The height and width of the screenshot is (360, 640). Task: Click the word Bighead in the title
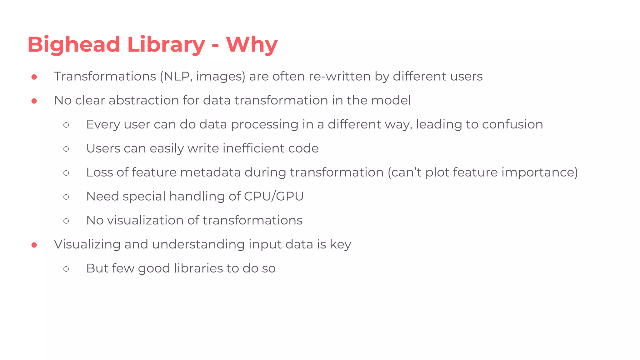click(x=74, y=45)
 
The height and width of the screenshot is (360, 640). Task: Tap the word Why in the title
click(x=252, y=45)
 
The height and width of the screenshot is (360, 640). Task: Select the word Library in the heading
click(x=166, y=45)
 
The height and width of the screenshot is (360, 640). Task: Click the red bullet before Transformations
click(x=34, y=77)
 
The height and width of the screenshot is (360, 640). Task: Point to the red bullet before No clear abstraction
click(x=34, y=101)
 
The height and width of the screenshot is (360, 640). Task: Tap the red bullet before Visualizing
click(x=34, y=245)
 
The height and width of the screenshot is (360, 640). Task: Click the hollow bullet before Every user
click(x=66, y=125)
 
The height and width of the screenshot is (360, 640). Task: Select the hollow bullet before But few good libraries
click(x=66, y=269)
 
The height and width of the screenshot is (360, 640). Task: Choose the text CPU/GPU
click(x=274, y=197)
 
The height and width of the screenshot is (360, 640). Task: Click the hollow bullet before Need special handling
click(x=66, y=197)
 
